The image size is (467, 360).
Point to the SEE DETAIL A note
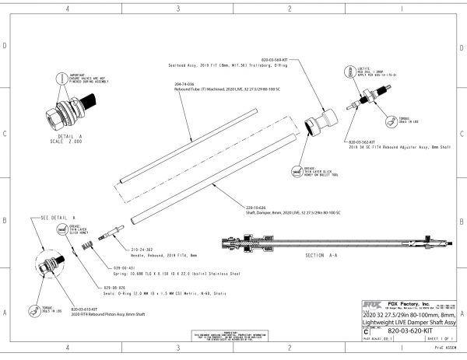59,218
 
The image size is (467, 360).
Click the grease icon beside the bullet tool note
297,170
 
